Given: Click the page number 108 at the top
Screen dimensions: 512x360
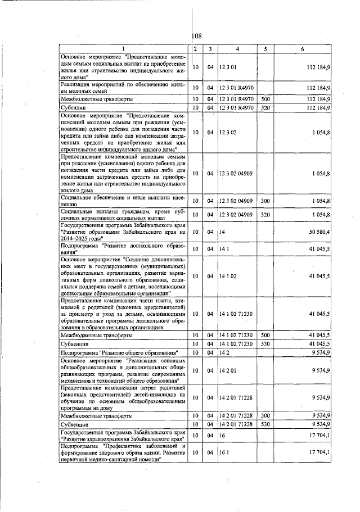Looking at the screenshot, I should point(197,36).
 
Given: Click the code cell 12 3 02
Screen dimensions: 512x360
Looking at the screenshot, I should point(228,133).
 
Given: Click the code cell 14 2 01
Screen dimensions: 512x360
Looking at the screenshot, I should point(228,371).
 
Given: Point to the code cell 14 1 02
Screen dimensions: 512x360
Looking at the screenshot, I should point(228,277).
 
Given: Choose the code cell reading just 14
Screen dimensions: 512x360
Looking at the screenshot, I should point(222,232).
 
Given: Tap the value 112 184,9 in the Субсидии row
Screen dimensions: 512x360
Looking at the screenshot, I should point(318,107).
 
